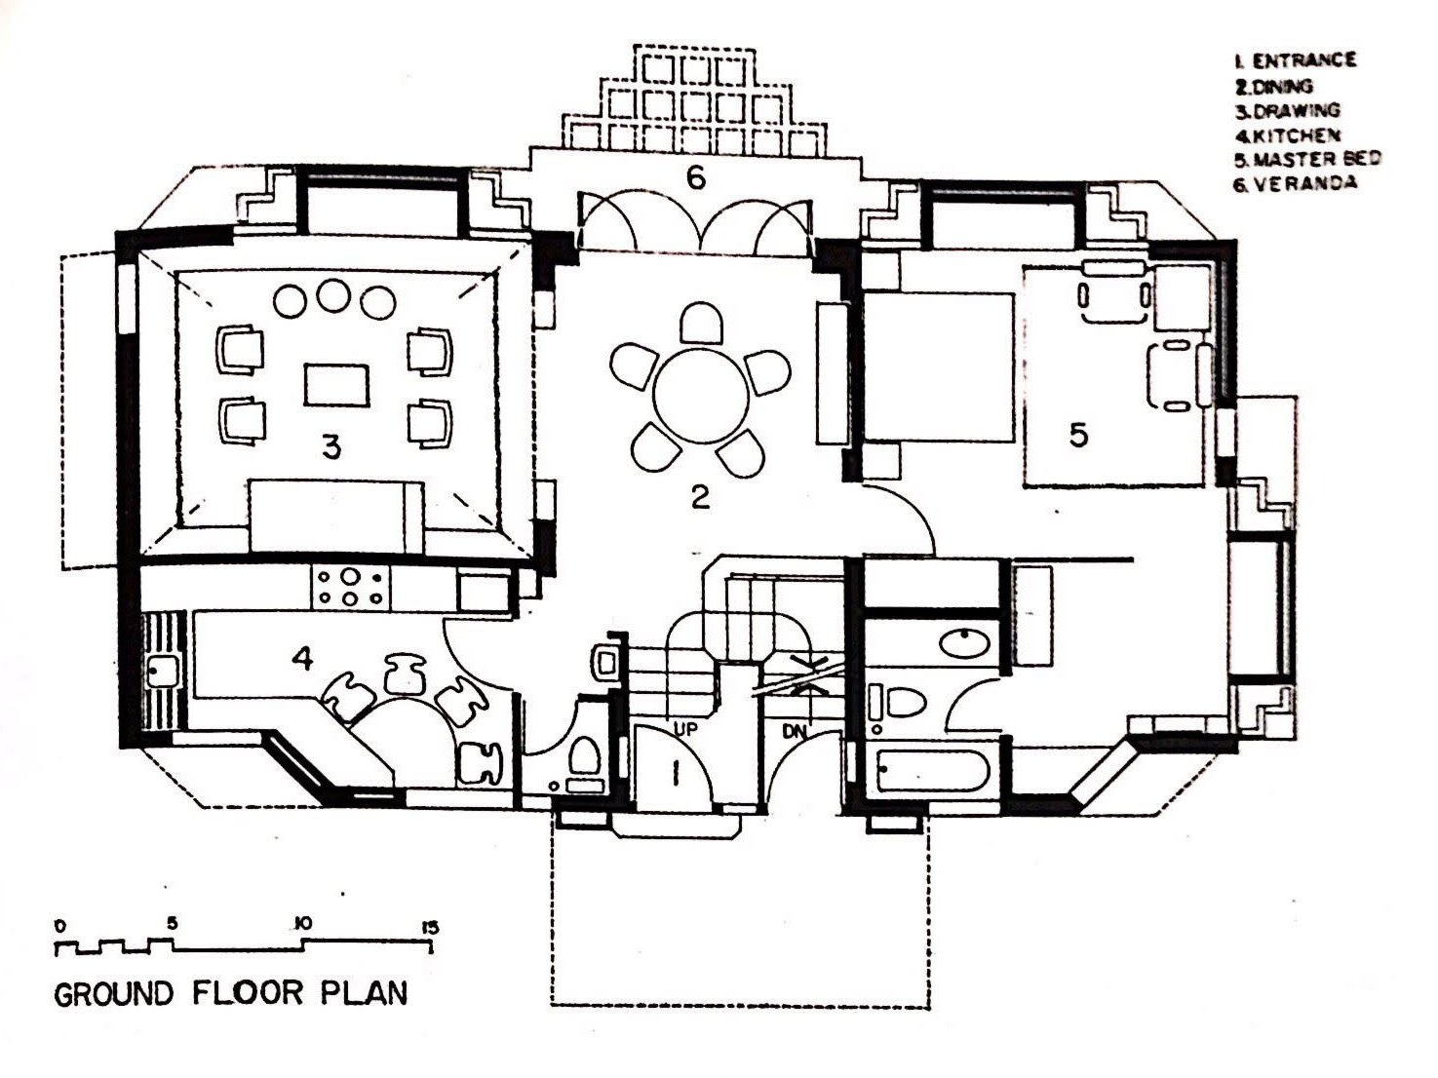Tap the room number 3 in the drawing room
(x=331, y=448)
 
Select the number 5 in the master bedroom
(x=1077, y=435)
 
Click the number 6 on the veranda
(x=696, y=177)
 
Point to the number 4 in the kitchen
(x=302, y=658)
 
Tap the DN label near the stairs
(x=795, y=731)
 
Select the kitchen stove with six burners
(x=351, y=587)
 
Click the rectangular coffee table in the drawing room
(x=336, y=385)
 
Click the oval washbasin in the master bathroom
(x=964, y=642)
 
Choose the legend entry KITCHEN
(x=1287, y=135)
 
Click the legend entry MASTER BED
(x=1307, y=159)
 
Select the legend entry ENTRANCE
(x=1296, y=60)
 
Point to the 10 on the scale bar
(x=302, y=924)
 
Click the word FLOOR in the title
(x=248, y=993)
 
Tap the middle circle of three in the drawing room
(x=332, y=295)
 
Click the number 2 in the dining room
(x=700, y=498)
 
